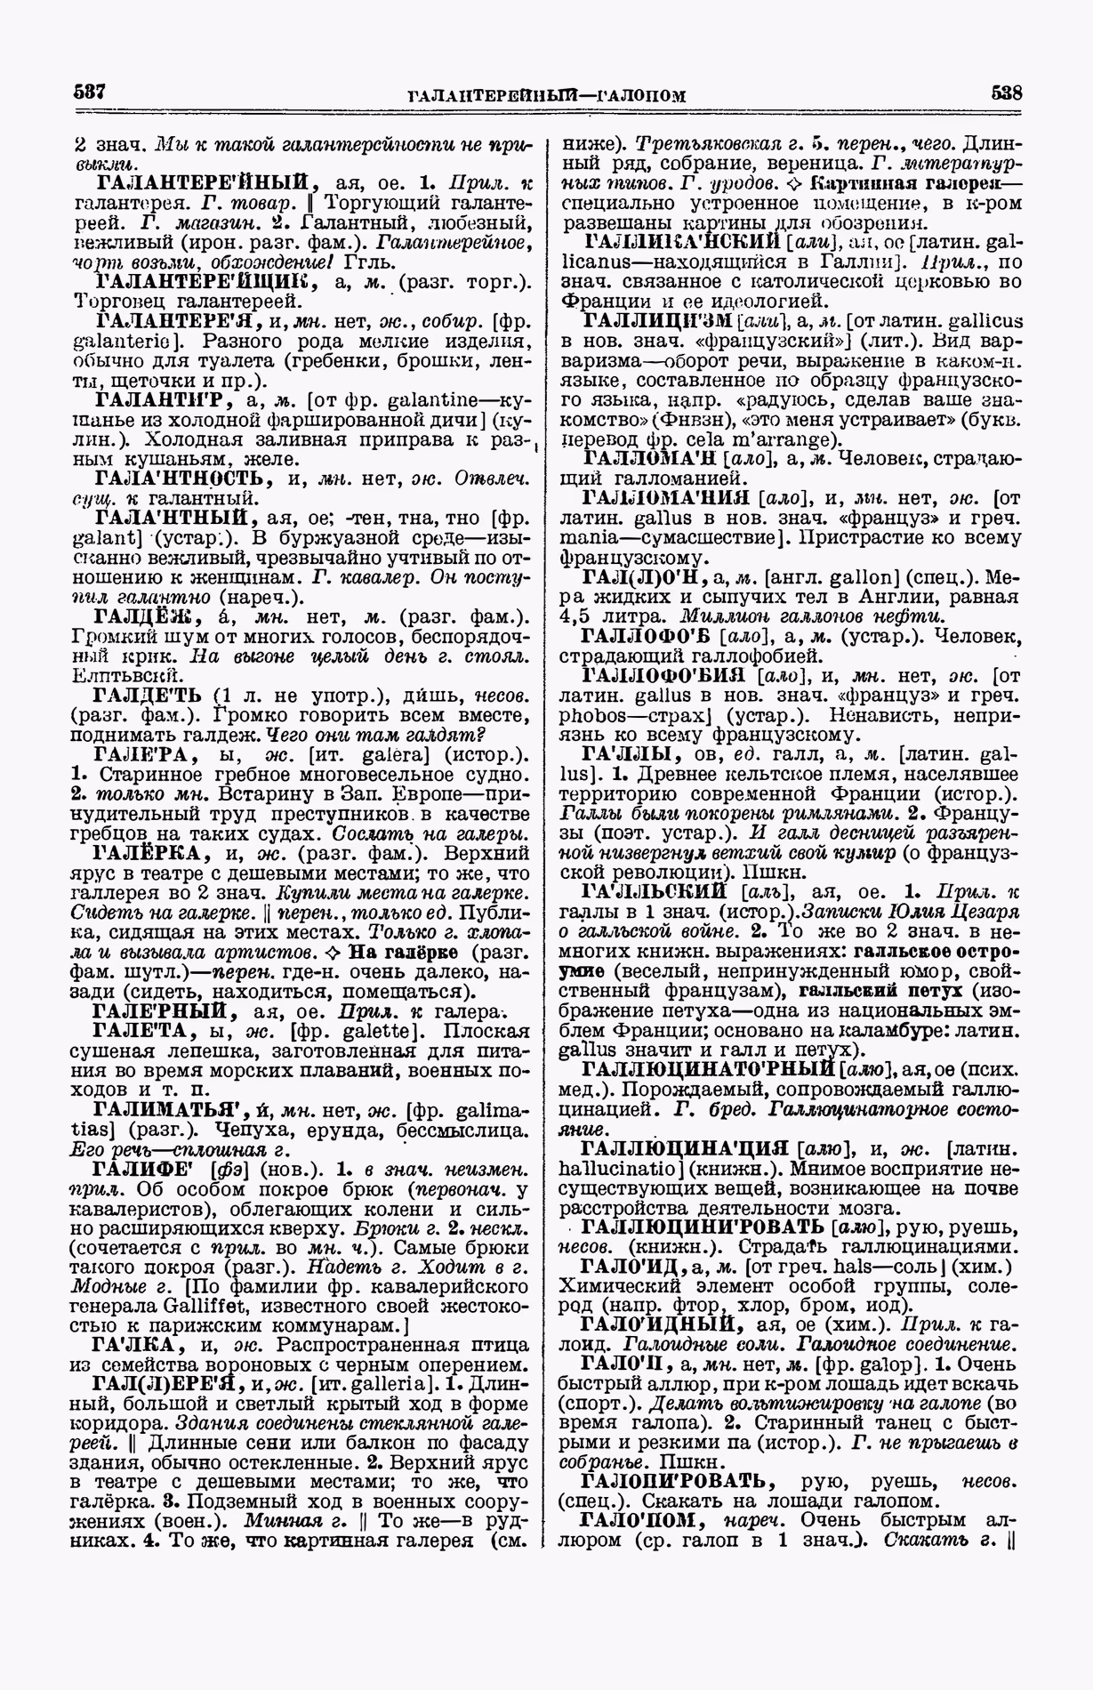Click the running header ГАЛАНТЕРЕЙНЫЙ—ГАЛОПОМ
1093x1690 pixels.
[x=546, y=95]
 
